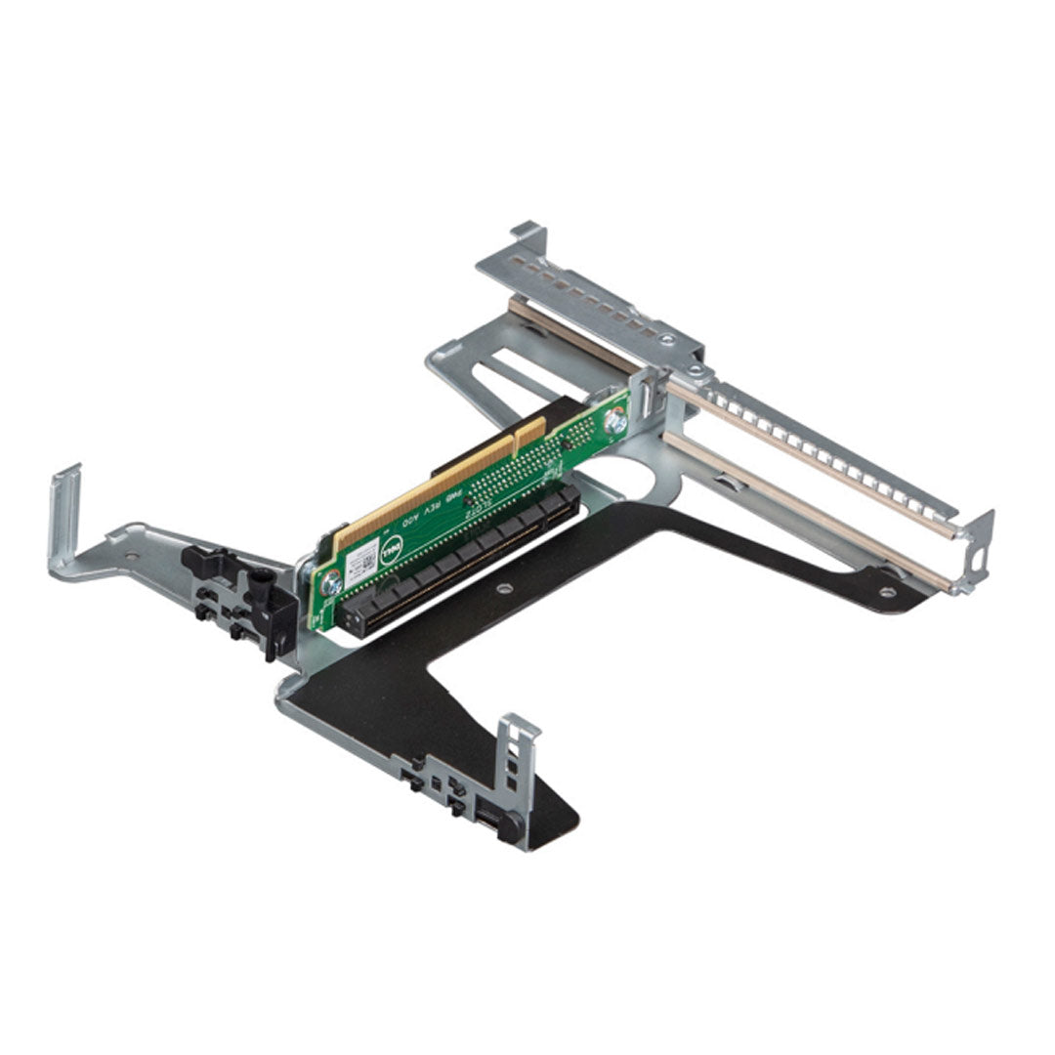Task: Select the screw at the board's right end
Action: [x=615, y=423]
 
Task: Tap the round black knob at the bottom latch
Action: [x=509, y=826]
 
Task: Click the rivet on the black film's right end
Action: [x=887, y=591]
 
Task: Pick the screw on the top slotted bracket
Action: [x=667, y=340]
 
